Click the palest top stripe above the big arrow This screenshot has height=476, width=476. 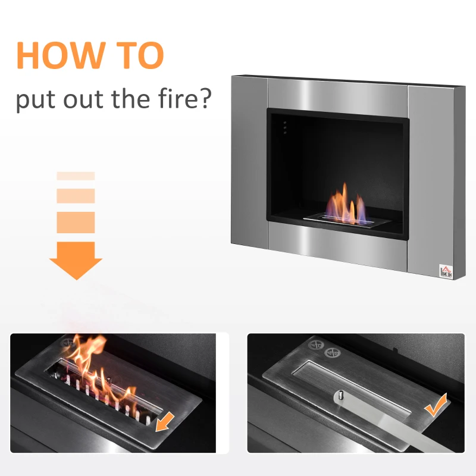click(x=76, y=176)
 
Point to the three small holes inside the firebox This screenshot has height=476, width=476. click(x=284, y=127)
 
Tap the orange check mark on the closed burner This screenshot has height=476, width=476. click(x=437, y=406)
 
